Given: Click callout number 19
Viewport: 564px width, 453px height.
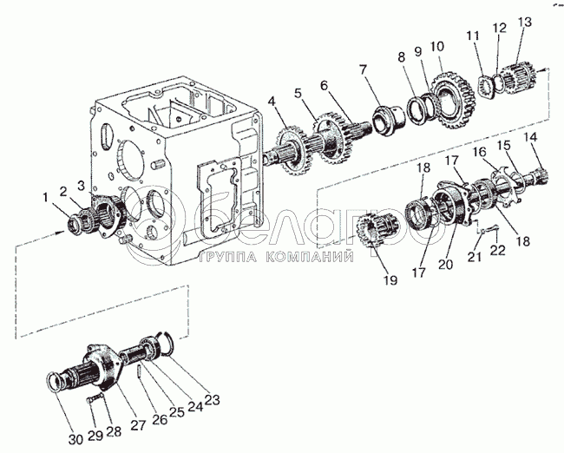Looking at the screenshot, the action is tap(389, 280).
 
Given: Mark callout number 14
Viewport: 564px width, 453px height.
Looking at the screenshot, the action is tap(531, 136).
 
